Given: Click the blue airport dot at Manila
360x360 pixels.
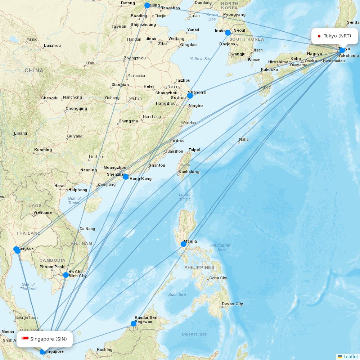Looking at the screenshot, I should tap(184, 244).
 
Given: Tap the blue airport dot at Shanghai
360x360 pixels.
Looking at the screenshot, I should tap(190, 96).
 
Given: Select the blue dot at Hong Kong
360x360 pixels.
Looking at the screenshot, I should tap(126, 177).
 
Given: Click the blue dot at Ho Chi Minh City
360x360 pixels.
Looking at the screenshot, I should tap(66, 275).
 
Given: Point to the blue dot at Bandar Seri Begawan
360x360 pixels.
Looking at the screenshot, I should tap(134, 324).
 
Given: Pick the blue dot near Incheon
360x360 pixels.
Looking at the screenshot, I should tap(228, 33).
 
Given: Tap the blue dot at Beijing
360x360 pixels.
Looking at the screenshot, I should tap(147, 5).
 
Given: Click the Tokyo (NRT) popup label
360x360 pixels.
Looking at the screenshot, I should tap(334, 36).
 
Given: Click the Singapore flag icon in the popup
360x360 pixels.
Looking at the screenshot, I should tap(25, 339).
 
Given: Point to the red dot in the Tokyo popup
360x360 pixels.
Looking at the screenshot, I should tap(319, 36).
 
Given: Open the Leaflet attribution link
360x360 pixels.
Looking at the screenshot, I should tap(350, 356).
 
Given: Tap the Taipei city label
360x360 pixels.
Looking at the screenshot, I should tap(194, 150).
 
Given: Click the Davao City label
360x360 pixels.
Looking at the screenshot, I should tap(232, 304).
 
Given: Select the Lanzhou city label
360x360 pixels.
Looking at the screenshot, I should tap(52, 46).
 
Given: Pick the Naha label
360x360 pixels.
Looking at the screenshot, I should tap(244, 140).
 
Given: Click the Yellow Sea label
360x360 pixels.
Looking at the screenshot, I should tap(201, 59).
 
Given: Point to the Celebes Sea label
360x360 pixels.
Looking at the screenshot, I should tap(194, 334).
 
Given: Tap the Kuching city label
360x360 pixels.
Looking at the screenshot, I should tap(104, 350).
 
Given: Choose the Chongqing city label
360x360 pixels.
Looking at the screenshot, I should tap(76, 109).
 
